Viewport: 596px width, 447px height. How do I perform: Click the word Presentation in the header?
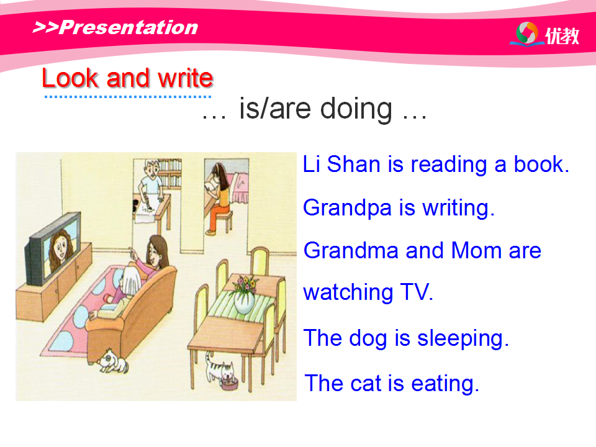(x=129, y=27)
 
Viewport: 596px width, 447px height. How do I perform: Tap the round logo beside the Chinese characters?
(x=527, y=33)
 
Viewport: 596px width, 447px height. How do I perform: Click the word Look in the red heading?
(x=70, y=78)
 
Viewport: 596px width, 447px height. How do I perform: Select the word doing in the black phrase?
(x=356, y=109)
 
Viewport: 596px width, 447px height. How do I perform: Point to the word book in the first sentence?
(x=541, y=164)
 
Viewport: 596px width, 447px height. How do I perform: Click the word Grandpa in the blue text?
(x=347, y=209)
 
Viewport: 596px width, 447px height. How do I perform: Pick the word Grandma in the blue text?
(x=353, y=250)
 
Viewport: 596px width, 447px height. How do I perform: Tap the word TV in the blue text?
(x=417, y=292)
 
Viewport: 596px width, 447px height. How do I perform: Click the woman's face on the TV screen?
(x=60, y=248)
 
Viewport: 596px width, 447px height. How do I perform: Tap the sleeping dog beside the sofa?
(x=113, y=361)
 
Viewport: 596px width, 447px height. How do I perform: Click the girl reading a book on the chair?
(x=217, y=197)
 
